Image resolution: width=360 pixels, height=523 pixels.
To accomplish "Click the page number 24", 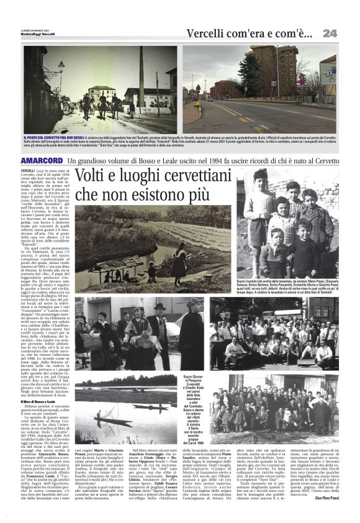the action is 329,32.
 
